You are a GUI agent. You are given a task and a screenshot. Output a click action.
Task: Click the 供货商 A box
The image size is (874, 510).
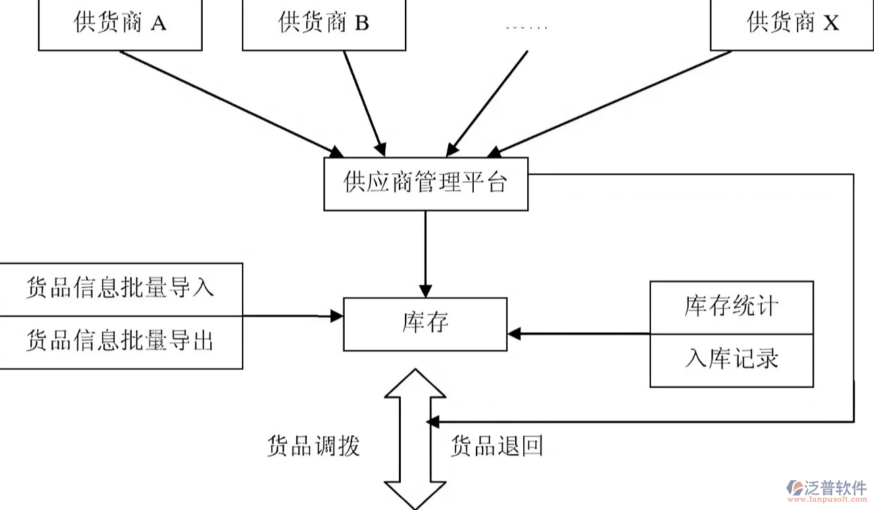click(120, 24)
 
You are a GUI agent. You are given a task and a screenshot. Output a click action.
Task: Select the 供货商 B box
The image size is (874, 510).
click(324, 24)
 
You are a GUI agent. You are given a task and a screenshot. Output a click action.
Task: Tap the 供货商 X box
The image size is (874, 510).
click(792, 24)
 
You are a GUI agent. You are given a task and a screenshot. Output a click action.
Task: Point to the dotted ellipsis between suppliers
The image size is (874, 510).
click(527, 28)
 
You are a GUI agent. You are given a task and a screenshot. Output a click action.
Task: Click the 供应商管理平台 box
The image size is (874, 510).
click(425, 183)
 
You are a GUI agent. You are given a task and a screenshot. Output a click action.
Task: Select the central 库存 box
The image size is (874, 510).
click(425, 323)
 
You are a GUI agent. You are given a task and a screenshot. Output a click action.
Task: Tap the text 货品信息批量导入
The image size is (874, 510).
click(120, 287)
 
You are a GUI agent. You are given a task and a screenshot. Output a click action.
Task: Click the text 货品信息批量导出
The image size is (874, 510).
click(120, 340)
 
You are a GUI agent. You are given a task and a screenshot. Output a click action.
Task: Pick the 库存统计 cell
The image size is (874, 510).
click(731, 306)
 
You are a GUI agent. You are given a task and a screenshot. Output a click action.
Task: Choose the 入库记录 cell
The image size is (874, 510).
click(731, 358)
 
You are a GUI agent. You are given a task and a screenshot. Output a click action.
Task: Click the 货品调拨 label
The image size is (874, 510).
click(313, 446)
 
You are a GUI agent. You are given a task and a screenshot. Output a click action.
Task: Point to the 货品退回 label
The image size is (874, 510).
click(497, 446)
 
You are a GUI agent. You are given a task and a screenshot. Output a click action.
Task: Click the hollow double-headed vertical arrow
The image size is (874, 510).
click(415, 440)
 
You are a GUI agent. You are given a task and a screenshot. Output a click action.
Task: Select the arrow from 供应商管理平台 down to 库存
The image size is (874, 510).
click(425, 254)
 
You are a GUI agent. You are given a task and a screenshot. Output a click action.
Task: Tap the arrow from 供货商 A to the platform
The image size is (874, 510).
click(230, 101)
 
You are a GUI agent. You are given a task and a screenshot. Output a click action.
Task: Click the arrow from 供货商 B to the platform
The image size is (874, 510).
click(365, 101)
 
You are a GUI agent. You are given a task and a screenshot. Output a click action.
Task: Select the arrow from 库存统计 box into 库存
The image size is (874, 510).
click(578, 333)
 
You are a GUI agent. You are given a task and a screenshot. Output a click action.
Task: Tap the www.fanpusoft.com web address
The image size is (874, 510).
click(827, 501)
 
